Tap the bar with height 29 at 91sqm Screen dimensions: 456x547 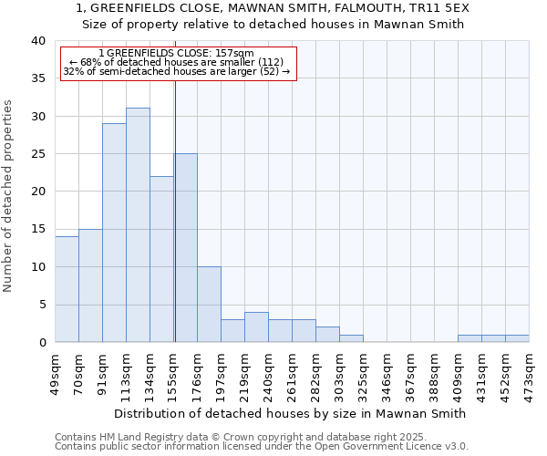[x=114, y=233]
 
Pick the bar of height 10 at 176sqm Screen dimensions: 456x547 [x=209, y=305]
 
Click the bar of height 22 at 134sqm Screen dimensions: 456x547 [x=161, y=259]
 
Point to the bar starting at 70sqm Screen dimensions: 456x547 [x=90, y=285]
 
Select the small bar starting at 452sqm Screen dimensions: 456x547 [x=517, y=338]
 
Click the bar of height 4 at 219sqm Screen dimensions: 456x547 [x=256, y=327]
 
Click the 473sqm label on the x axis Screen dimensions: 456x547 [x=529, y=372]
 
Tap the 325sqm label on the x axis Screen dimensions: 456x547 [x=363, y=372]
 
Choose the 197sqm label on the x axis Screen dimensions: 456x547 [x=221, y=372]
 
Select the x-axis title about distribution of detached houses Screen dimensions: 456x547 [x=292, y=413]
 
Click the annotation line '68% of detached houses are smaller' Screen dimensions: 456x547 [x=177, y=62]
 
